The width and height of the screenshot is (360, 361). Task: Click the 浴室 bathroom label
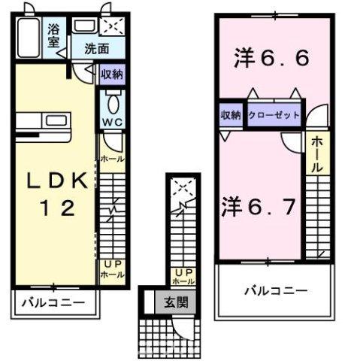[54, 36]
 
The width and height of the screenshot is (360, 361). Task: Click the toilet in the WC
[112, 102]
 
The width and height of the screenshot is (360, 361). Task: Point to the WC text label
[112, 123]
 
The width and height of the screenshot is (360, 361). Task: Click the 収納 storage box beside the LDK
[112, 74]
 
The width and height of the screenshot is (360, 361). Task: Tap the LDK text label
[53, 181]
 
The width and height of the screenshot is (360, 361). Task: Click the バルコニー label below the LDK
[51, 304]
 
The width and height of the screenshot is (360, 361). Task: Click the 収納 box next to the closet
[230, 115]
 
